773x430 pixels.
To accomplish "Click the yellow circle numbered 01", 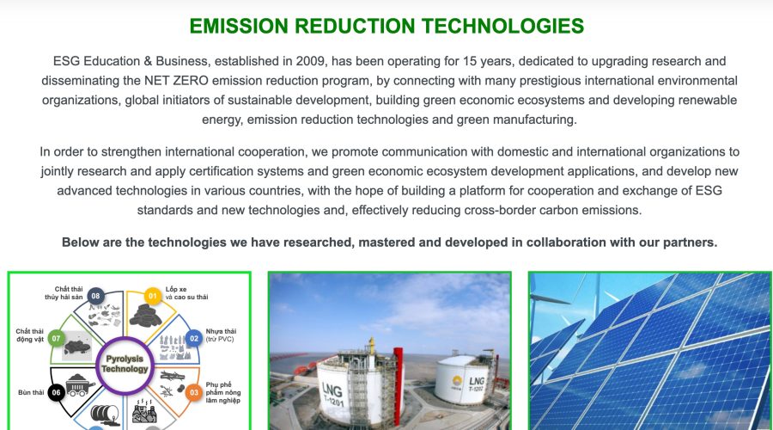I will click(x=153, y=298).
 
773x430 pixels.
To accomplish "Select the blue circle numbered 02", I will click(x=194, y=339).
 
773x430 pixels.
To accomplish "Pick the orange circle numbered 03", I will click(x=194, y=392).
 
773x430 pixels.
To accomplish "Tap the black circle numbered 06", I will click(x=58, y=392).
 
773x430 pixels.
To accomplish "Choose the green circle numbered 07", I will click(x=58, y=339).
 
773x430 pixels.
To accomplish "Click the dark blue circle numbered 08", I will click(x=95, y=297).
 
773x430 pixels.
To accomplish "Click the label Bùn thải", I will click(x=30, y=392).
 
